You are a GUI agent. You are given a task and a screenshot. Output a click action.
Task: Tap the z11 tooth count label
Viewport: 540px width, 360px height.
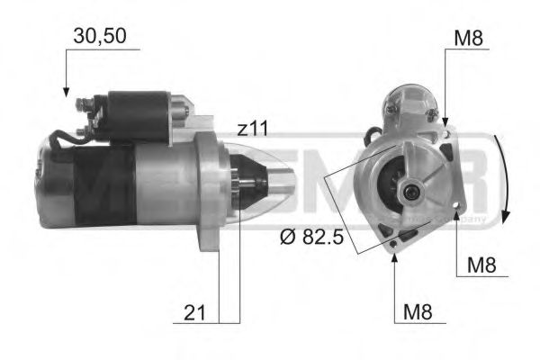click(x=253, y=130)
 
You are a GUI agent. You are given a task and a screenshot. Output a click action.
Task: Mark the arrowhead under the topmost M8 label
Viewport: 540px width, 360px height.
click(x=445, y=121)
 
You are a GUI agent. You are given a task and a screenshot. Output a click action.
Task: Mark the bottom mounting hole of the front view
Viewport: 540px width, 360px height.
click(x=394, y=240)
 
